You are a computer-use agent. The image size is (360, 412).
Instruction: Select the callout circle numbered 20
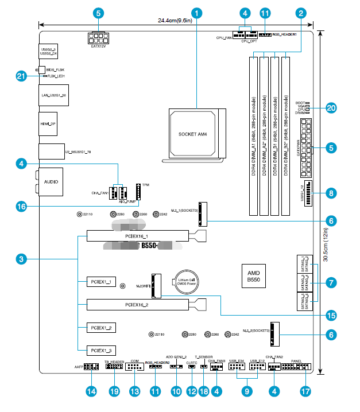[330, 107]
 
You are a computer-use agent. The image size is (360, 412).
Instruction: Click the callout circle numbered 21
[21, 76]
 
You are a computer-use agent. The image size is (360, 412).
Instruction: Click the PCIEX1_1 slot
[102, 282]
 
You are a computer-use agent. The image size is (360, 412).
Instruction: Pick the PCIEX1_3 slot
[102, 349]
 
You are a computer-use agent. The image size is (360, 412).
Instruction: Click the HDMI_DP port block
[49, 123]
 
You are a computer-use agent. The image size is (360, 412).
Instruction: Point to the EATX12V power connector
[98, 38]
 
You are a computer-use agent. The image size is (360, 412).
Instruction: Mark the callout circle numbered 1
[197, 12]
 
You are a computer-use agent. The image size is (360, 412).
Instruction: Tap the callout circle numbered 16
[21, 206]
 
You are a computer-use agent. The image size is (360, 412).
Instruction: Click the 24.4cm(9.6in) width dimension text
[177, 21]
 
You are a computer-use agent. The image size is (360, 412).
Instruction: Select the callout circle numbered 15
[330, 314]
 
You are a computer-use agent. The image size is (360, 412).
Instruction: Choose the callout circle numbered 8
[330, 193]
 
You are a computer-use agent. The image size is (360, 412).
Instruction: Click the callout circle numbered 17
[304, 391]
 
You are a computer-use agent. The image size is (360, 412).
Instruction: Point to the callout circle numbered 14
[90, 391]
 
